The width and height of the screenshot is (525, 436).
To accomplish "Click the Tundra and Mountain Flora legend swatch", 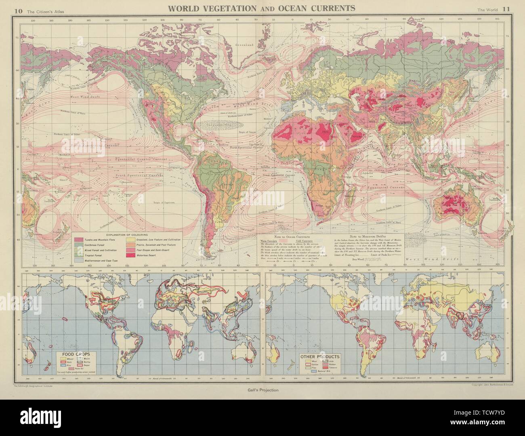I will tap(79, 240).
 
